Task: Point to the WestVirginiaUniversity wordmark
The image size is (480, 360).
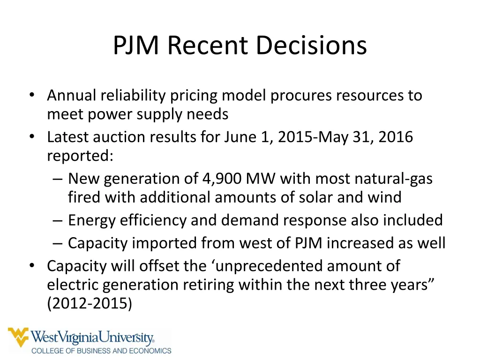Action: point(92,337)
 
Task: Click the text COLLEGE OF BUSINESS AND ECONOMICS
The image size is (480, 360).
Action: point(101,351)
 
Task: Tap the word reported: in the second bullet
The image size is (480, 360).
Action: point(80,156)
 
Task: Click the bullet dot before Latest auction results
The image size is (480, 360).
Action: point(31,137)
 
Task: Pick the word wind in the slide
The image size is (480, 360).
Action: point(386,197)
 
